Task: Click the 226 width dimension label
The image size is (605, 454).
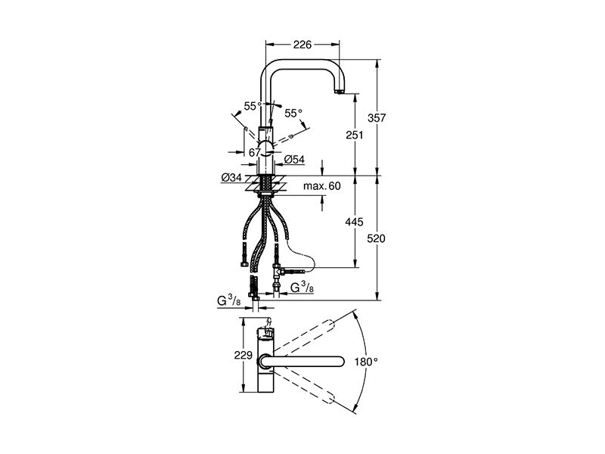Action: click(302, 45)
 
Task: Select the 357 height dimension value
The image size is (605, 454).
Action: click(376, 118)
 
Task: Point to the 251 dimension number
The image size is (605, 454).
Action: click(354, 135)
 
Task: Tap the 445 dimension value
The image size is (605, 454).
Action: click(354, 222)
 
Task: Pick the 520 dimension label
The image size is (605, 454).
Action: click(376, 238)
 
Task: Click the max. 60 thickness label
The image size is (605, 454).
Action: click(322, 186)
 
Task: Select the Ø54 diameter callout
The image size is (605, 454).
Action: click(294, 160)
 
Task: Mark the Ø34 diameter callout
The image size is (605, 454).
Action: click(231, 178)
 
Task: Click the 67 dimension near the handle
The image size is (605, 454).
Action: click(255, 153)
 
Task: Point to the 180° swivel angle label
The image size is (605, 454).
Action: click(366, 362)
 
